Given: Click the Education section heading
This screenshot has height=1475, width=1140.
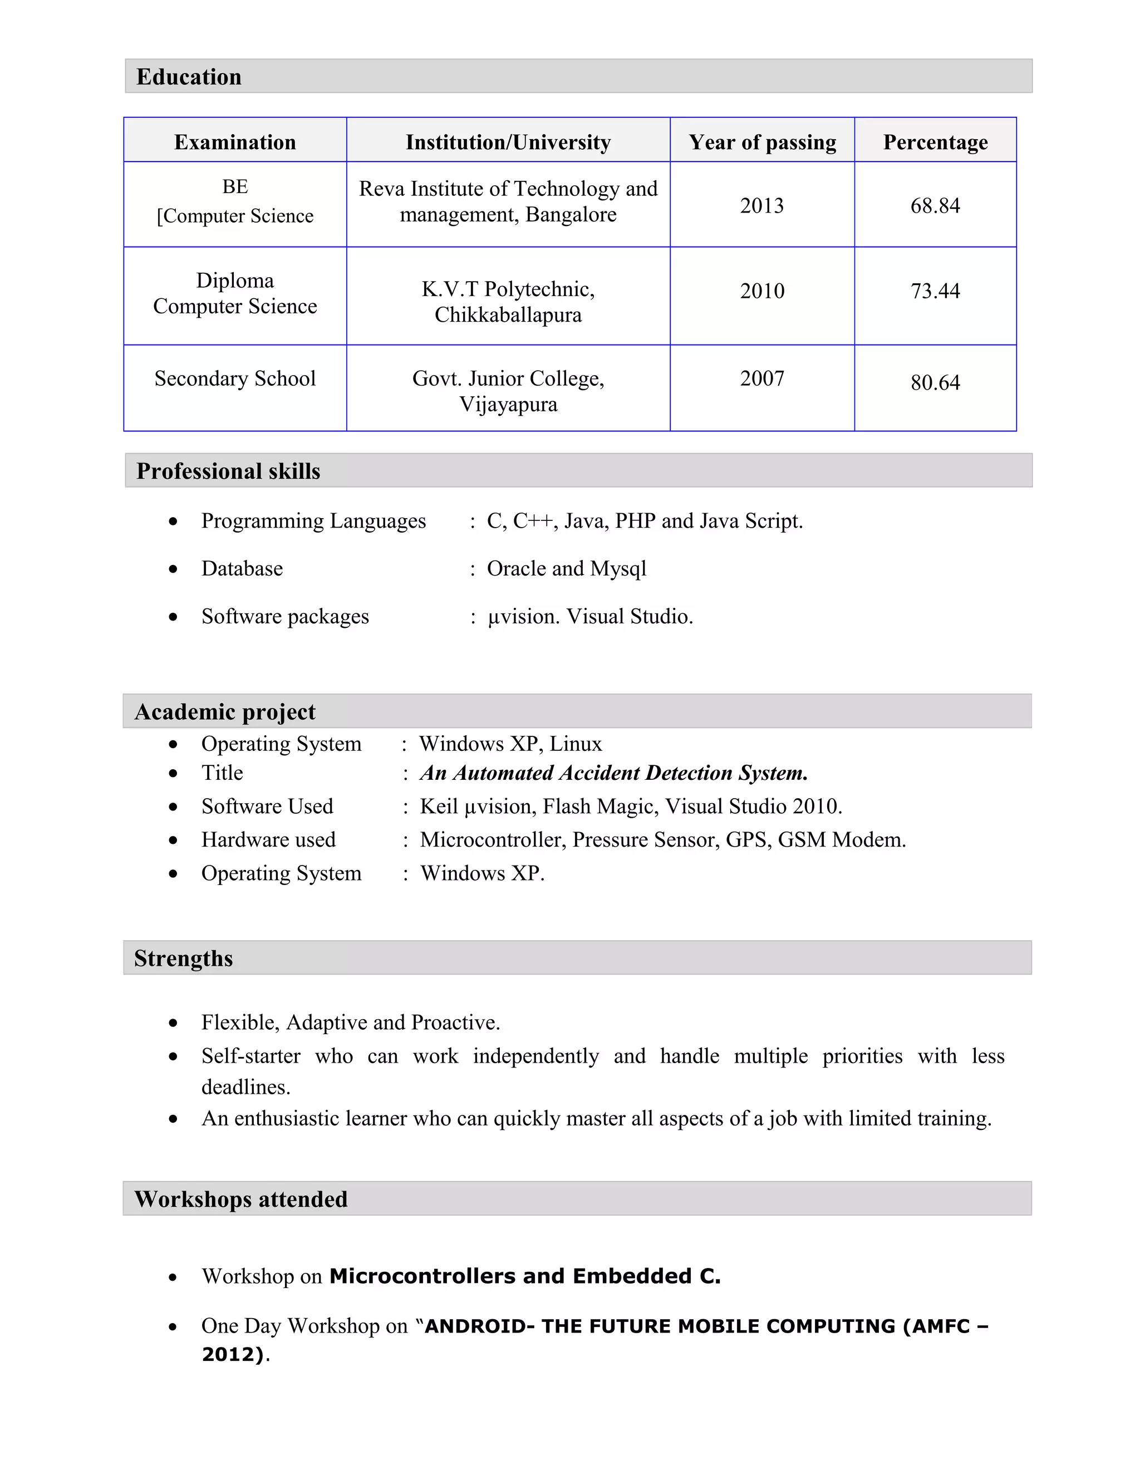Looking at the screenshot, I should point(189,77).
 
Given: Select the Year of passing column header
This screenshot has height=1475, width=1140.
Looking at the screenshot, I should point(762,142).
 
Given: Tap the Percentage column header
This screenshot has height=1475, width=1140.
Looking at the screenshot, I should point(935,142).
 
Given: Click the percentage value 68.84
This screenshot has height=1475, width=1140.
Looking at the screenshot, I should point(935,205).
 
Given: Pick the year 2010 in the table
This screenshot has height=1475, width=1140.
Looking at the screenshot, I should point(762,291).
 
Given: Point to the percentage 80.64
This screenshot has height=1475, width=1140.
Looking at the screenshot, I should point(935,382).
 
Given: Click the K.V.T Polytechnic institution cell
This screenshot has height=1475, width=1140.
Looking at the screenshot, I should point(508,301).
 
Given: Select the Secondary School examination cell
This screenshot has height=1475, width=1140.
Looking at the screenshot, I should point(235,378).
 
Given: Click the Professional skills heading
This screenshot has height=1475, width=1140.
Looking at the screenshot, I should point(228,471).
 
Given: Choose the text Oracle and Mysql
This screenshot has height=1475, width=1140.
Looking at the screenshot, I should point(566,569).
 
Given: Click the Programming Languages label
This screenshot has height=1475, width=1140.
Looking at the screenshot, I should point(313,521).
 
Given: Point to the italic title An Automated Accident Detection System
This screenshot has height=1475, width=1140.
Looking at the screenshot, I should point(613,773).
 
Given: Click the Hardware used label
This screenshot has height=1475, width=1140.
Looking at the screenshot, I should point(268,839).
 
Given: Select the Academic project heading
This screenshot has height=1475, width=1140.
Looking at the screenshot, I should point(225,712).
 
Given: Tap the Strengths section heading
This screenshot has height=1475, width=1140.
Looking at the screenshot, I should point(183,958).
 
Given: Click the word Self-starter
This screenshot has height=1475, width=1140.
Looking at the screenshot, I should point(250,1055).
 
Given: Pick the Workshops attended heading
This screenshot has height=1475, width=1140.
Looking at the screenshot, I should point(240,1199).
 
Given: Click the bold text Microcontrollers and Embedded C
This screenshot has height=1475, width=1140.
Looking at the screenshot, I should point(525,1276).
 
